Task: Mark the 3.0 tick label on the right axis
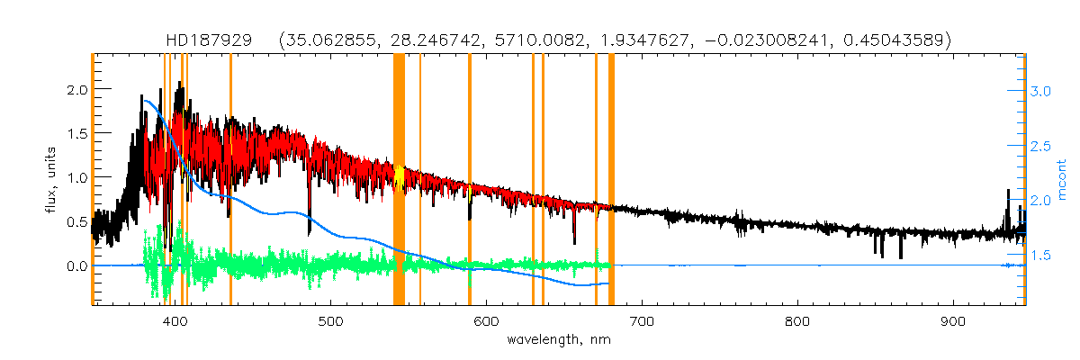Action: (1040, 91)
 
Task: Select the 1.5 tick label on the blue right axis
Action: (1040, 256)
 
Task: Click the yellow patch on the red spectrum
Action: (399, 177)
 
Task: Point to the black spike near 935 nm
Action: (1007, 202)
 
